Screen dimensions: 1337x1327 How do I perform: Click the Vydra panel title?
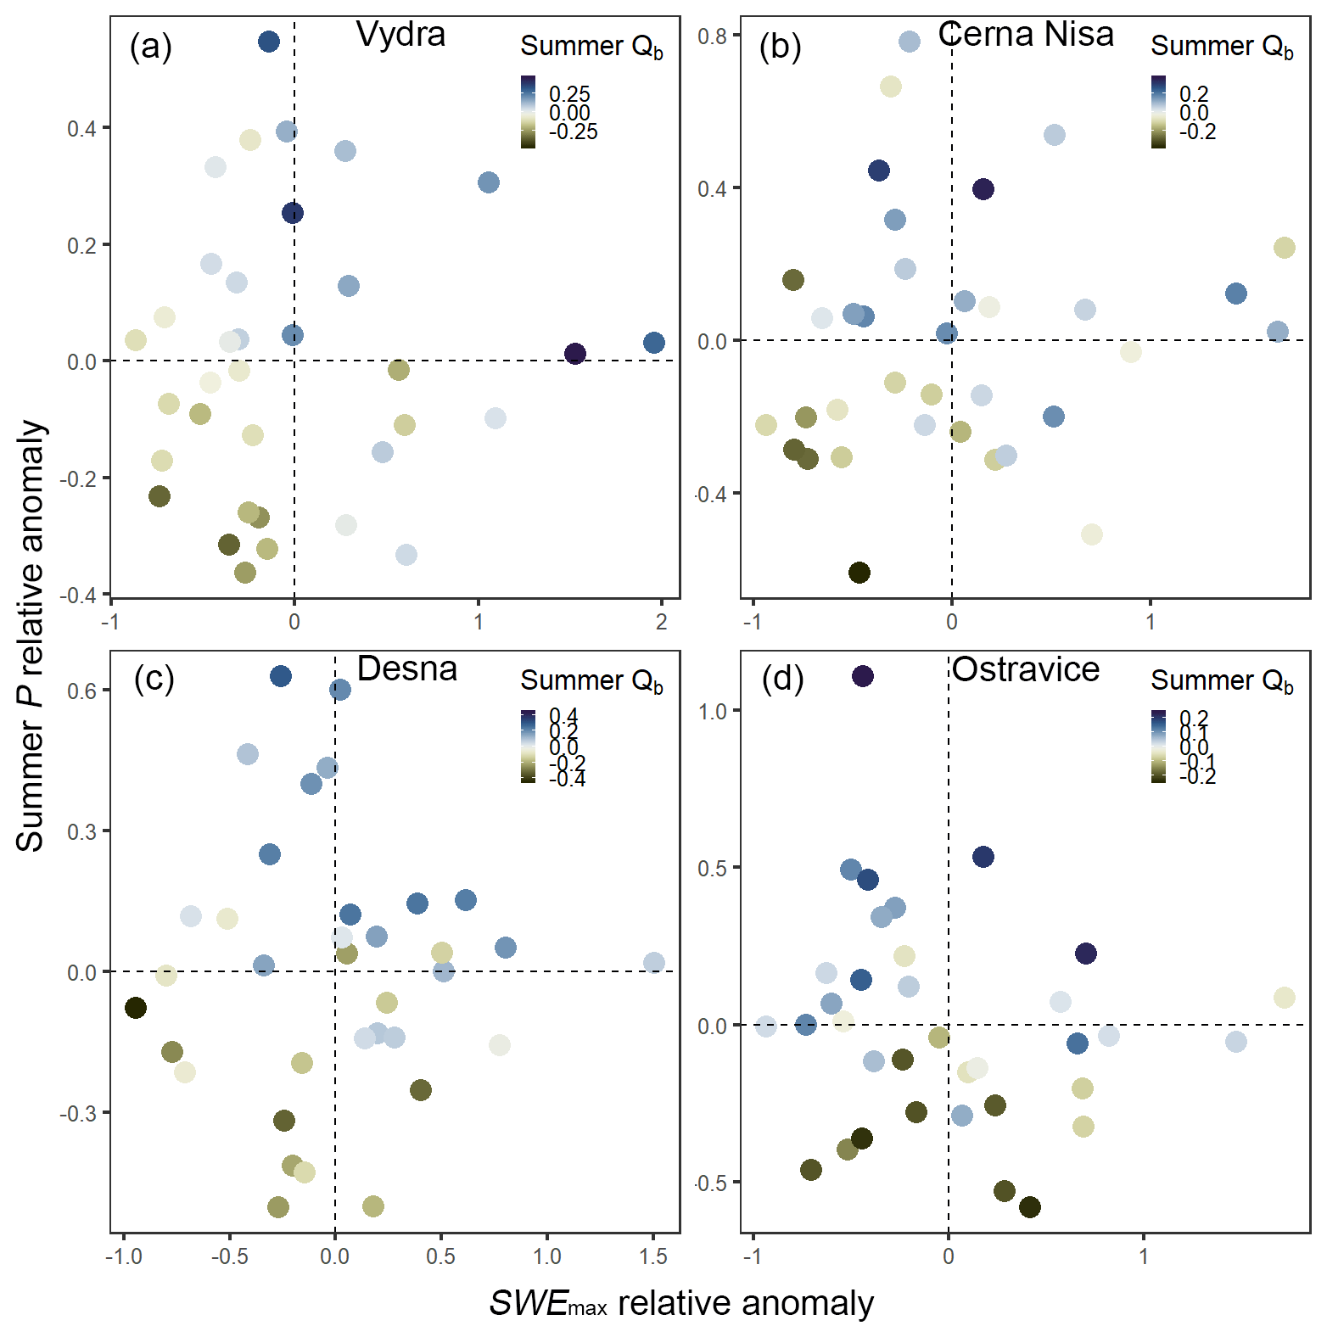[400, 35]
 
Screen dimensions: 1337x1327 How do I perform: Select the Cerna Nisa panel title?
[1026, 35]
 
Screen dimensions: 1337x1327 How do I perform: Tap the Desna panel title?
[406, 669]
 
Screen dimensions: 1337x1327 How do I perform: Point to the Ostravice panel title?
[1026, 670]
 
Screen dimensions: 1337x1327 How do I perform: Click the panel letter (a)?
[151, 47]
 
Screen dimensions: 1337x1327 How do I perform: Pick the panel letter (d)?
[782, 679]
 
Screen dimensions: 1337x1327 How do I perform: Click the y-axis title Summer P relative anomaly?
[31, 636]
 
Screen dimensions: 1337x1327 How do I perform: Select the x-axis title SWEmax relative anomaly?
[681, 1303]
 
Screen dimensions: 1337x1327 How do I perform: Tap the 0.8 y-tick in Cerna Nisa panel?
[712, 36]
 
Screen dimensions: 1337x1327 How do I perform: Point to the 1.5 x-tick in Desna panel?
[653, 1256]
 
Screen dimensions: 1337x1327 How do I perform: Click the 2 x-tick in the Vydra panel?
[662, 622]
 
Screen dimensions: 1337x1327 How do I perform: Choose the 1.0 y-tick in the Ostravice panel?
[712, 711]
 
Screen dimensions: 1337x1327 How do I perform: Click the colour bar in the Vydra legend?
[528, 112]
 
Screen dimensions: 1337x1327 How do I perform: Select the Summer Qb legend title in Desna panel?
[591, 681]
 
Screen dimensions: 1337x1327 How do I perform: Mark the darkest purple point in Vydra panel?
[575, 354]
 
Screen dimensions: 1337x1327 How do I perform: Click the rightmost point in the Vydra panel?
[654, 343]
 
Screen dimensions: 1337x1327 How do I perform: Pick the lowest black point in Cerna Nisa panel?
[859, 573]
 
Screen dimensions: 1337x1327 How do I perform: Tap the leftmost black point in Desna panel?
[136, 1008]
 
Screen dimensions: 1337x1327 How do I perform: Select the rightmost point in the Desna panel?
[654, 963]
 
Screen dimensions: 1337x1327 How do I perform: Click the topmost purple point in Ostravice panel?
[863, 676]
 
